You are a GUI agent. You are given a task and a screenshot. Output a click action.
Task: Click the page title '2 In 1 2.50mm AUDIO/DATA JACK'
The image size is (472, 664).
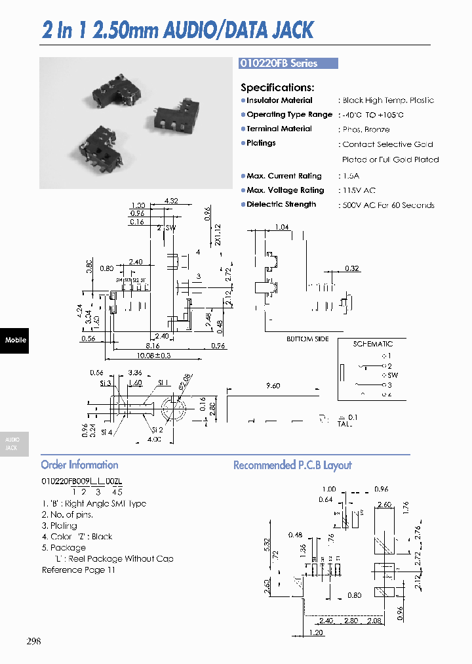178,30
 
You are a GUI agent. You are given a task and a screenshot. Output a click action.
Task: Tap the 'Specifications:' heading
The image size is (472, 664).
277,87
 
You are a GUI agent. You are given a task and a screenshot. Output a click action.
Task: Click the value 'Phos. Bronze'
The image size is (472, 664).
366,130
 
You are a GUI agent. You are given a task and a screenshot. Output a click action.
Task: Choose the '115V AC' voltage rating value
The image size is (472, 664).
359,191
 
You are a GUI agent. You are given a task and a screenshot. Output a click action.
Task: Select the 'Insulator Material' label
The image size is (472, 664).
279,100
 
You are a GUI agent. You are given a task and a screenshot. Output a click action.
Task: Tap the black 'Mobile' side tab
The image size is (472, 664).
14,340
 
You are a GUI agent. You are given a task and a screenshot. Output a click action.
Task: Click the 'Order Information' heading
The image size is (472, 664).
79,465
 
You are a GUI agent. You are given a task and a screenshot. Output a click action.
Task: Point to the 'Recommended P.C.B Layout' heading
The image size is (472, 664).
292,465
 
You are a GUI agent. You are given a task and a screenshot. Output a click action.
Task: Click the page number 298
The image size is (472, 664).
34,641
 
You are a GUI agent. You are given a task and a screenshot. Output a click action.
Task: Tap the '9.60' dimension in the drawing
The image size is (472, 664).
273,386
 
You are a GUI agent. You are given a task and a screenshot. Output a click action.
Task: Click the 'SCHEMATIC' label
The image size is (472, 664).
372,344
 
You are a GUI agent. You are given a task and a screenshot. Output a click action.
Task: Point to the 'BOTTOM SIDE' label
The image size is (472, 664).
307,339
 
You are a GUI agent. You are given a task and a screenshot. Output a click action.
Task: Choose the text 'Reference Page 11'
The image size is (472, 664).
79,570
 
